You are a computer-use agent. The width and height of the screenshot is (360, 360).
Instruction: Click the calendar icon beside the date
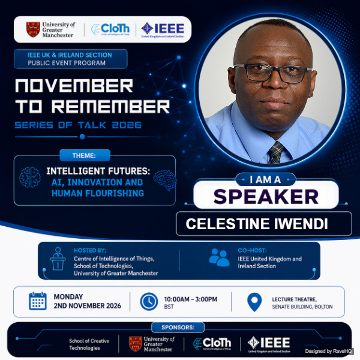pyautogui.click(x=38, y=301)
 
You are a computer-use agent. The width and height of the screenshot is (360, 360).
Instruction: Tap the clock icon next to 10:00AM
pyautogui.click(x=149, y=301)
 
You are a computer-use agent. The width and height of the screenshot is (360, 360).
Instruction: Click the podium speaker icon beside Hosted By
pyautogui.click(x=58, y=259)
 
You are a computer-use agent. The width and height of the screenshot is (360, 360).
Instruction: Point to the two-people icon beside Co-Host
pyautogui.click(x=219, y=257)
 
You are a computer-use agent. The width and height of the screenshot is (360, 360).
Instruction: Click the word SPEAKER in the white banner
pyautogui.click(x=266, y=197)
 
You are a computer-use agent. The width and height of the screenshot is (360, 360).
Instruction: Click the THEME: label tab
pyautogui.click(x=85, y=155)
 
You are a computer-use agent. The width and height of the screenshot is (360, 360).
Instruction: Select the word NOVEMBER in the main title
pyautogui.click(x=74, y=86)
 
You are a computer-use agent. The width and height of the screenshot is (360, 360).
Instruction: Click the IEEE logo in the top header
pyautogui.click(x=163, y=30)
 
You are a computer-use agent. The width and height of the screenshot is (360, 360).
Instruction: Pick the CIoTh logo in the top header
pyautogui.click(x=110, y=29)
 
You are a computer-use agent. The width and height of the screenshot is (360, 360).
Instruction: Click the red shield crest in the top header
pyautogui.click(x=33, y=29)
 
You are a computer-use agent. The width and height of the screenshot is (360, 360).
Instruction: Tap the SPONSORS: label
pyautogui.click(x=178, y=327)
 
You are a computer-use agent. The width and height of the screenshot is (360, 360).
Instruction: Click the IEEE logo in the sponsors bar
pyautogui.click(x=269, y=344)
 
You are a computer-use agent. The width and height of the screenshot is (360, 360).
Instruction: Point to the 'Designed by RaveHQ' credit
pyautogui.click(x=328, y=351)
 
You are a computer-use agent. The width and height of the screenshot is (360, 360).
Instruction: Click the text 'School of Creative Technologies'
pyautogui.click(x=89, y=344)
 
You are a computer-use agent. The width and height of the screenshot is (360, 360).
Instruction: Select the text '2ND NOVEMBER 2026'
pyautogui.click(x=87, y=306)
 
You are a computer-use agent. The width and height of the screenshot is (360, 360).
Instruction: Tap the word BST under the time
pyautogui.click(x=169, y=307)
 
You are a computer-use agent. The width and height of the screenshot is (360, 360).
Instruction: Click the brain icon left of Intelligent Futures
pyautogui.click(x=30, y=177)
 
